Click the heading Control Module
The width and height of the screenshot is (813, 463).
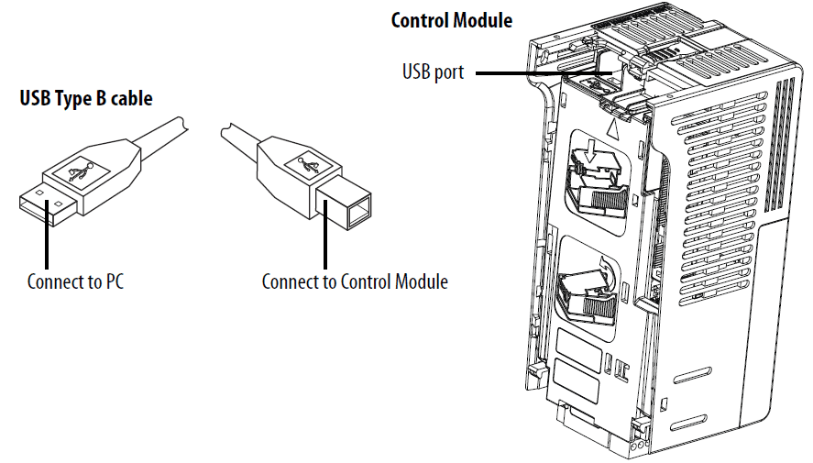pos(452,20)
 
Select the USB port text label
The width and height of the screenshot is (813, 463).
pos(433,72)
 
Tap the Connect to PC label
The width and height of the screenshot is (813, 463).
pos(75,281)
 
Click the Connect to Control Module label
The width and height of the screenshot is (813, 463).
pos(355,281)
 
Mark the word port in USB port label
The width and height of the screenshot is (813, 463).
pos(449,72)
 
